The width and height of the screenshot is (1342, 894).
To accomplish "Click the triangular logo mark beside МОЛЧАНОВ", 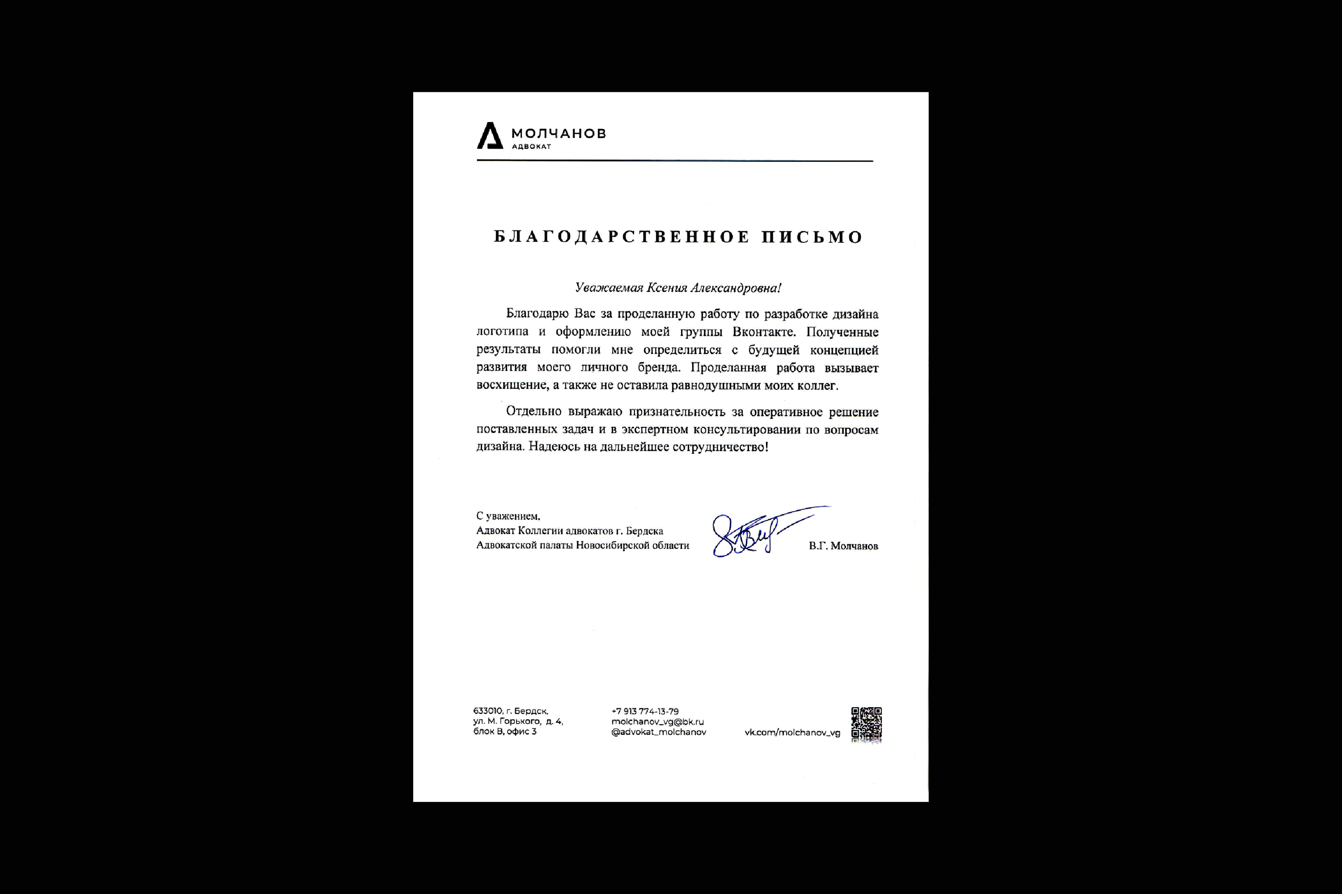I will [489, 136].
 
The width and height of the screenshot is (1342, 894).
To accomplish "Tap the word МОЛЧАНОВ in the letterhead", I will [558, 133].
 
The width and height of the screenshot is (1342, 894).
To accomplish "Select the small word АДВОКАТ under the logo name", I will [532, 147].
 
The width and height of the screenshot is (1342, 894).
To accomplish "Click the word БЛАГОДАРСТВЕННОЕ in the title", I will [621, 237].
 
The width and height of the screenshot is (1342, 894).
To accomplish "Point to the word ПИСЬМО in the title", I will [812, 237].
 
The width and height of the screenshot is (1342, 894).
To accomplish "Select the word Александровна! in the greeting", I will [736, 288].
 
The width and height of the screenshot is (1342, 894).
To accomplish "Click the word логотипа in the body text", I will [502, 332].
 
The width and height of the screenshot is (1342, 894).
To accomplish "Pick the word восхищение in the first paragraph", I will [511, 385].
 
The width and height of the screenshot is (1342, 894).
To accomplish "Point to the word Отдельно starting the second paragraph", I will [534, 412].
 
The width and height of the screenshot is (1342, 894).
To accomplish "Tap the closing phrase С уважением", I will [508, 516].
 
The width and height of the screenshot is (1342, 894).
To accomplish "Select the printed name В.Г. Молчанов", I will [843, 546].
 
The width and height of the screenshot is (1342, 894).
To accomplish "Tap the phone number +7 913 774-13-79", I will [645, 711].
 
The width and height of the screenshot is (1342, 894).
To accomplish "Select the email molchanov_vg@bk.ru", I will [657, 722].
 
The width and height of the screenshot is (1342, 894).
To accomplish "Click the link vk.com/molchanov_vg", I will [792, 733].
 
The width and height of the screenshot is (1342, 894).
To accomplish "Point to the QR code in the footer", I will [867, 724].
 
